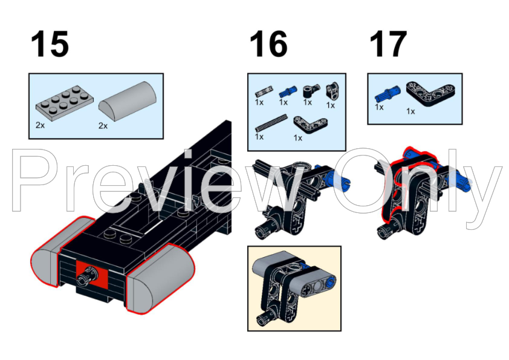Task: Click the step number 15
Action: pyautogui.click(x=50, y=44)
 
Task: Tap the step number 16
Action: pyautogui.click(x=268, y=44)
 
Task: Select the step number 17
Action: pyautogui.click(x=388, y=44)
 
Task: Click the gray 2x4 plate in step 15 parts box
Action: pyautogui.click(x=64, y=103)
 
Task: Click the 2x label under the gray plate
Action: pyautogui.click(x=41, y=125)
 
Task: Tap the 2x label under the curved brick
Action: pyautogui.click(x=103, y=126)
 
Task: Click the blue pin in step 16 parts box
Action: pyautogui.click(x=288, y=91)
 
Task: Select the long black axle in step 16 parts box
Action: pyautogui.click(x=271, y=122)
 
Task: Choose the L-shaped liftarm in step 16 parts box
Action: pyautogui.click(x=310, y=125)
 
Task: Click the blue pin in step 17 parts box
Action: pyautogui.click(x=387, y=94)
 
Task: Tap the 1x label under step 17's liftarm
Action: pyautogui.click(x=410, y=111)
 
